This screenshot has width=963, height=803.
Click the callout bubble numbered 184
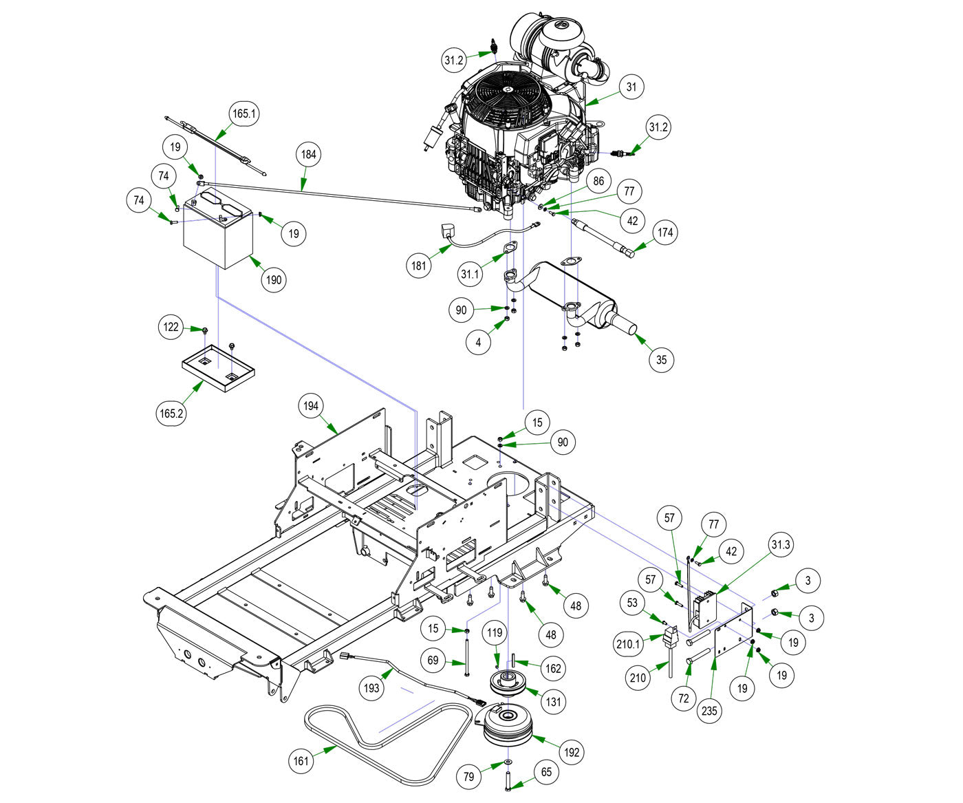tap(309, 154)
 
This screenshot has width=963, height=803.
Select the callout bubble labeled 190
tap(274, 280)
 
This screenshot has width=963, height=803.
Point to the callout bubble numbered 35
tap(661, 359)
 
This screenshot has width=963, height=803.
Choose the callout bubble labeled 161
tap(301, 760)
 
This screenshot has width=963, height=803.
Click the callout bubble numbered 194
tap(312, 406)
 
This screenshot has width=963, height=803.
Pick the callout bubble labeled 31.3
tap(781, 544)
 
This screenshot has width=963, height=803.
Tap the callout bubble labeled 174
tap(665, 233)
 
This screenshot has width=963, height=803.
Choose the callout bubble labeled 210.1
tap(627, 645)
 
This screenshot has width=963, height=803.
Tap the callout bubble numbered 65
tap(546, 772)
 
